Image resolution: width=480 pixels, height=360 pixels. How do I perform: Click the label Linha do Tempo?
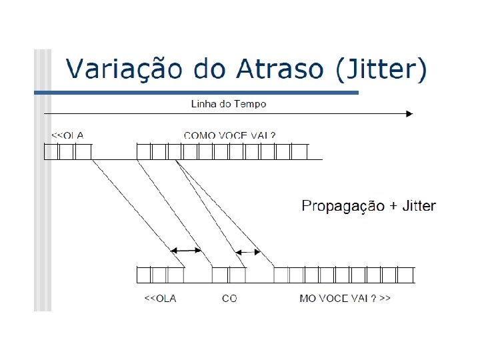[x=229, y=104]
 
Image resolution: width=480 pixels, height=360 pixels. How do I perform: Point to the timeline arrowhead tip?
[x=412, y=114]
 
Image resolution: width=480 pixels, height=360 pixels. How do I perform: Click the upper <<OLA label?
[x=67, y=135]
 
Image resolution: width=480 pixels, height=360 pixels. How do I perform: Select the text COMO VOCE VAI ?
[x=229, y=135]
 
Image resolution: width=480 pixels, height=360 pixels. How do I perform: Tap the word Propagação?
[x=343, y=206]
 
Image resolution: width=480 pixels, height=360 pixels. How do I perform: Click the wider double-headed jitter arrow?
[x=187, y=250]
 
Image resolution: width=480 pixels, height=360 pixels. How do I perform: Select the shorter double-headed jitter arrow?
[x=247, y=252]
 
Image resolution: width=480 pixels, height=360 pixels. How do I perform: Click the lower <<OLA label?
[x=161, y=298]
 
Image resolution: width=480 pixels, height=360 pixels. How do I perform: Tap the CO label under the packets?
[x=229, y=298]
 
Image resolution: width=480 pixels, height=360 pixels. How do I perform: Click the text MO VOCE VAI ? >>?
[x=345, y=298]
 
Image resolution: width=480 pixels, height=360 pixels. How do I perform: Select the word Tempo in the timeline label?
[x=253, y=104]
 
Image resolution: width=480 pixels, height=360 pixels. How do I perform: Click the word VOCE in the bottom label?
[x=333, y=298]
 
